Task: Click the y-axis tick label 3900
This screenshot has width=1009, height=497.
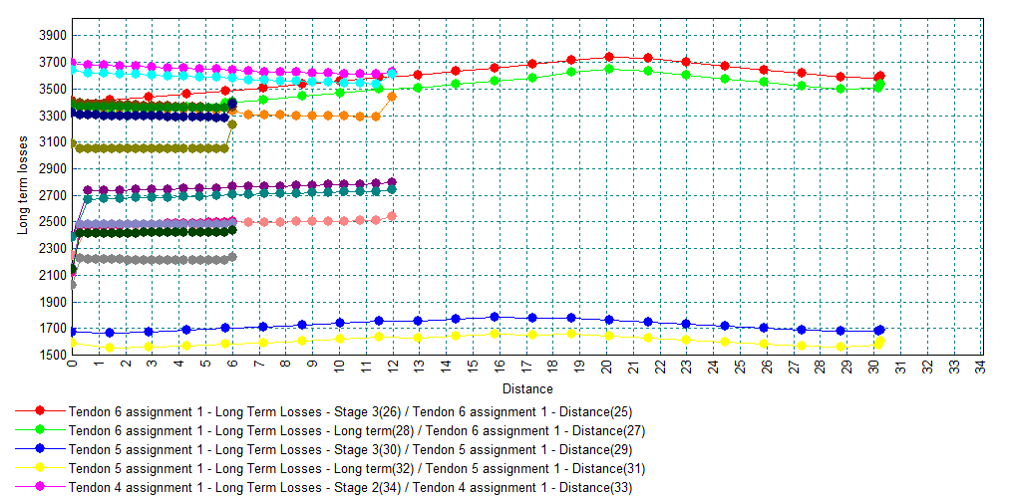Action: tap(53, 36)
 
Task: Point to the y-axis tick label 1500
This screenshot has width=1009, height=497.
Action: tap(53, 355)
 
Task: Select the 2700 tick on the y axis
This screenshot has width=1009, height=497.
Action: tap(53, 195)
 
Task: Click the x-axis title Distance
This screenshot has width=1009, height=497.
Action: tap(526, 388)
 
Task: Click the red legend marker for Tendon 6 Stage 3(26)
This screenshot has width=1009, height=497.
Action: tap(40, 410)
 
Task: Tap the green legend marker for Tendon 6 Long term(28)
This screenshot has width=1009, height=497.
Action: tap(40, 430)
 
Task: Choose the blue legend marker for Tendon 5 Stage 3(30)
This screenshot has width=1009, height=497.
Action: tap(40, 449)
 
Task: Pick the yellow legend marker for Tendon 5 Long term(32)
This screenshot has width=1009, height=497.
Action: tap(40, 468)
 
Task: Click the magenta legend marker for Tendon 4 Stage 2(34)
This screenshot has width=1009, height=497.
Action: tap(40, 487)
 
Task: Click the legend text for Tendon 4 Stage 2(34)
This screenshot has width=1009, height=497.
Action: tap(350, 487)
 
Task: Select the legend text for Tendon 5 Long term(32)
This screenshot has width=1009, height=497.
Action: tap(350, 468)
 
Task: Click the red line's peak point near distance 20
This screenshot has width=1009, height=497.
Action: tap(609, 58)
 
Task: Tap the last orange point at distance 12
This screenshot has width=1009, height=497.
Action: tap(392, 97)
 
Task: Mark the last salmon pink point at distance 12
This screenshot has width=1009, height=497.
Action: tap(392, 216)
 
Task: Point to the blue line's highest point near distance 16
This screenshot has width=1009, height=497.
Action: tap(495, 317)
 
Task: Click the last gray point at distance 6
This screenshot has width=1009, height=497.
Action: tap(232, 257)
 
